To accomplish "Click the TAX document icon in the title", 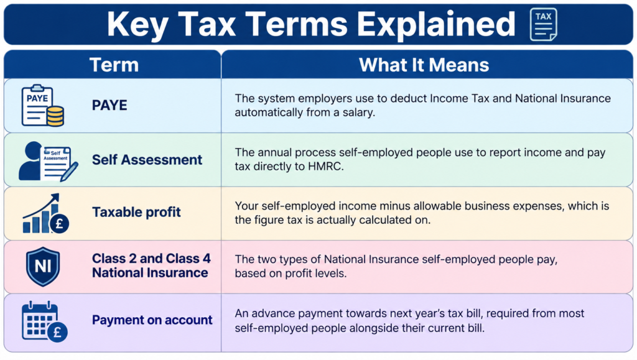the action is coord(544,24).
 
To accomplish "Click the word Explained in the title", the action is coord(436,24).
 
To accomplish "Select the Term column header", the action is coord(114,65).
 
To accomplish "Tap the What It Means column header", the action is coord(424,65).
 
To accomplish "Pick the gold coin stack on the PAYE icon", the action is coord(55,116).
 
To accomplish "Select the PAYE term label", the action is coord(109,105).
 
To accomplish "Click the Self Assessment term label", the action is coord(147,160).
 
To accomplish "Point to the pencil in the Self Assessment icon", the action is coord(69,172).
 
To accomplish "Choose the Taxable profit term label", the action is coord(136,212).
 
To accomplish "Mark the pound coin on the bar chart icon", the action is coord(59,223).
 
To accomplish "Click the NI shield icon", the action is coord(43,267).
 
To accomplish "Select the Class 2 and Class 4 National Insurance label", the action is coord(151,265).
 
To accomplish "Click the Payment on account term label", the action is coord(152,320).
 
